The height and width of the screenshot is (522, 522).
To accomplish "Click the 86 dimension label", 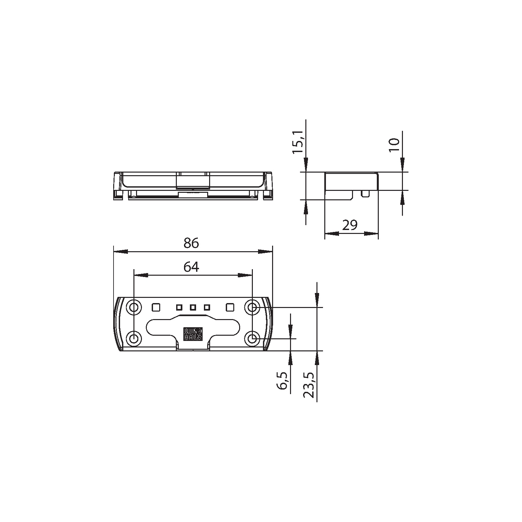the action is pos(191,243).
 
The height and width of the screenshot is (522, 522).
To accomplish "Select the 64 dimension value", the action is pos(191,267).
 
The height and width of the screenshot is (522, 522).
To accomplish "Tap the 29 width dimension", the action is pos(350,225).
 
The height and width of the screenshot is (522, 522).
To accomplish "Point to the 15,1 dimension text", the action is pos(298,142).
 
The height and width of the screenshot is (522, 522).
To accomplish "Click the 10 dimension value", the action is pos(394,145).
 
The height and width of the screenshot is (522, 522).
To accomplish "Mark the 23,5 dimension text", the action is pos(308,385).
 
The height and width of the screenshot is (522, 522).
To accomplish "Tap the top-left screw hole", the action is pos(134,307).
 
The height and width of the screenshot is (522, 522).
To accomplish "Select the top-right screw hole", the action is pos(252,307).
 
